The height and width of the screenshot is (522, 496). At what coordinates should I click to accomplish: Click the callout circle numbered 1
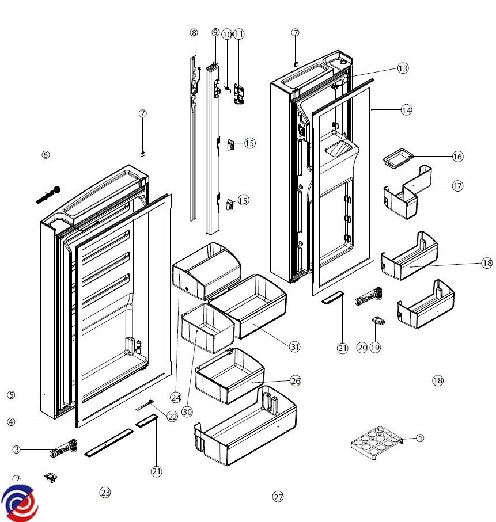click(x=420, y=438)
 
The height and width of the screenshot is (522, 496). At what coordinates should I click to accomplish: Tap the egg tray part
click(x=375, y=444)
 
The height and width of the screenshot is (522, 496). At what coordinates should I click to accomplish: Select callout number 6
click(x=46, y=154)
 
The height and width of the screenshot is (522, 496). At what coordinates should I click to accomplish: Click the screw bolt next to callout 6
click(x=48, y=194)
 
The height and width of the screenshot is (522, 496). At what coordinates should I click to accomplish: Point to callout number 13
click(x=403, y=68)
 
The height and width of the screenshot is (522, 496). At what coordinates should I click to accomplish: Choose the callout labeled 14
click(x=407, y=109)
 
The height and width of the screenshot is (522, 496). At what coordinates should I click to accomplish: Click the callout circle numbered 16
click(x=457, y=156)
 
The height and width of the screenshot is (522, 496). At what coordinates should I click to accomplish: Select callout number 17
click(x=457, y=186)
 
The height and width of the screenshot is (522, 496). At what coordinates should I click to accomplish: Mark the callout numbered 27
click(x=279, y=497)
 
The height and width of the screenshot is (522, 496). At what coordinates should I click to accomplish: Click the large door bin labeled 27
click(x=247, y=429)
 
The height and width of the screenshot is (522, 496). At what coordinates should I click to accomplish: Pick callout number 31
click(x=295, y=346)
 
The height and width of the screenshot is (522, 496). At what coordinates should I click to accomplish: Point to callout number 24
click(x=176, y=397)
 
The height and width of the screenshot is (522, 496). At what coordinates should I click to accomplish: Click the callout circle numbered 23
click(x=105, y=492)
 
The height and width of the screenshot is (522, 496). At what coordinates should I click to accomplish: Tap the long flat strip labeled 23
click(x=109, y=442)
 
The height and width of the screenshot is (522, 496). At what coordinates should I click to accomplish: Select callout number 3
click(x=17, y=450)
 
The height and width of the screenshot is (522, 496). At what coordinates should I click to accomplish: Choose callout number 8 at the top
click(x=194, y=33)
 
